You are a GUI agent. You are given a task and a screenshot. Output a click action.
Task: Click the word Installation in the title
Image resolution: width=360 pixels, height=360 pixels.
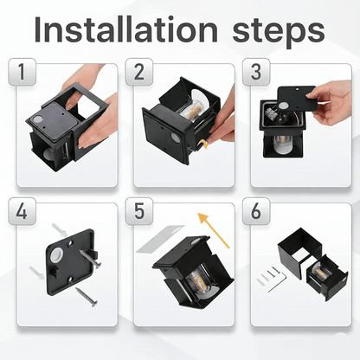(x=125, y=29)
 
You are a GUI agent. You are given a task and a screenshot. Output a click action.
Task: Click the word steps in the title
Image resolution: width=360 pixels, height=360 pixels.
(x=279, y=32)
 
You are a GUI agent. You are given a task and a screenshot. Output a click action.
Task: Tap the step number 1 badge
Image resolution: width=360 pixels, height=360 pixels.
(x=22, y=72)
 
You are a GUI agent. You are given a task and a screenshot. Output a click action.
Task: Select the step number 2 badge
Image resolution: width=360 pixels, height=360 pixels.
(x=139, y=72)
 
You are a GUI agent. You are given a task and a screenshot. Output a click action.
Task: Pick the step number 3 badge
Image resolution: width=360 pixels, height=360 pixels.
(x=256, y=72)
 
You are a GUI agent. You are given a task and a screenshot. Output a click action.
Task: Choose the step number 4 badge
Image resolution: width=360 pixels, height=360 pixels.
(x=22, y=211)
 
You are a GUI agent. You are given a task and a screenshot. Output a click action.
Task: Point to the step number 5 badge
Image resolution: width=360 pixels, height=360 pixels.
(x=139, y=211)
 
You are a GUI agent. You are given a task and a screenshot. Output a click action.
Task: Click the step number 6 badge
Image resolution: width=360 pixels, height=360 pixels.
(x=256, y=211)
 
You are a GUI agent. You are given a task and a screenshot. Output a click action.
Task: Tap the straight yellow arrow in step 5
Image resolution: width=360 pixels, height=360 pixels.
(x=214, y=230)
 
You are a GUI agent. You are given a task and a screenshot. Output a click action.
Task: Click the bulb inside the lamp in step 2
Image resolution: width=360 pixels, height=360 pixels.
(x=193, y=109)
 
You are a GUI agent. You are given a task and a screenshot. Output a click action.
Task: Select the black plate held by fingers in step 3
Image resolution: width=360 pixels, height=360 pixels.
(x=297, y=100)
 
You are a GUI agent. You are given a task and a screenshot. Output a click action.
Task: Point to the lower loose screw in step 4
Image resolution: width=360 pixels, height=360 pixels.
(x=87, y=297)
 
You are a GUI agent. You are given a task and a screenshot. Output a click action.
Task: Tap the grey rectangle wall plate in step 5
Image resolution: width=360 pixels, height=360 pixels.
(x=160, y=239)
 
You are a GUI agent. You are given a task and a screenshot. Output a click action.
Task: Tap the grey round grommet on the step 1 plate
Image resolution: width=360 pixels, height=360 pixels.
(x=37, y=119)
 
